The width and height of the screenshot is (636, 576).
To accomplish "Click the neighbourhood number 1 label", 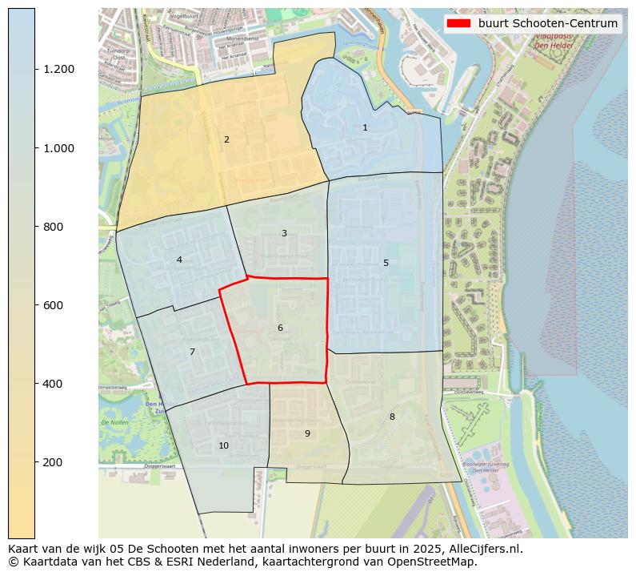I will (365, 128).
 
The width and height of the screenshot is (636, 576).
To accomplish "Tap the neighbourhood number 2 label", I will (226, 140).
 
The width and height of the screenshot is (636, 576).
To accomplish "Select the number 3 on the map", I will (284, 234).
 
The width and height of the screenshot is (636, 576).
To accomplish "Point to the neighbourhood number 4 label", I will (179, 260).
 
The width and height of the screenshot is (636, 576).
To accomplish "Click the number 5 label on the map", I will (386, 264).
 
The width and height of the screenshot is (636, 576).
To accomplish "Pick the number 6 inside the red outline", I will (280, 328).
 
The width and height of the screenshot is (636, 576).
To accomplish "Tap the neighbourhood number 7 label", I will (192, 352).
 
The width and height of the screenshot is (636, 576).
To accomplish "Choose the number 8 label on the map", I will (392, 417).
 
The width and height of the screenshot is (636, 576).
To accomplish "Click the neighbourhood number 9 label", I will (307, 434).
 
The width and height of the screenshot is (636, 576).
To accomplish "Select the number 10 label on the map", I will (223, 446).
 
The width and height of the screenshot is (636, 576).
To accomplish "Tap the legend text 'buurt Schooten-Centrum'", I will (548, 23).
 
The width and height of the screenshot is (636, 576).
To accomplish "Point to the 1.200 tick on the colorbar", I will (60, 69).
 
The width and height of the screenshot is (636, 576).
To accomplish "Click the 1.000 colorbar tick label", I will (60, 148).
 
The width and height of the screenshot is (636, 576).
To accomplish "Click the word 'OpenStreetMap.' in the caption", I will (437, 562).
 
